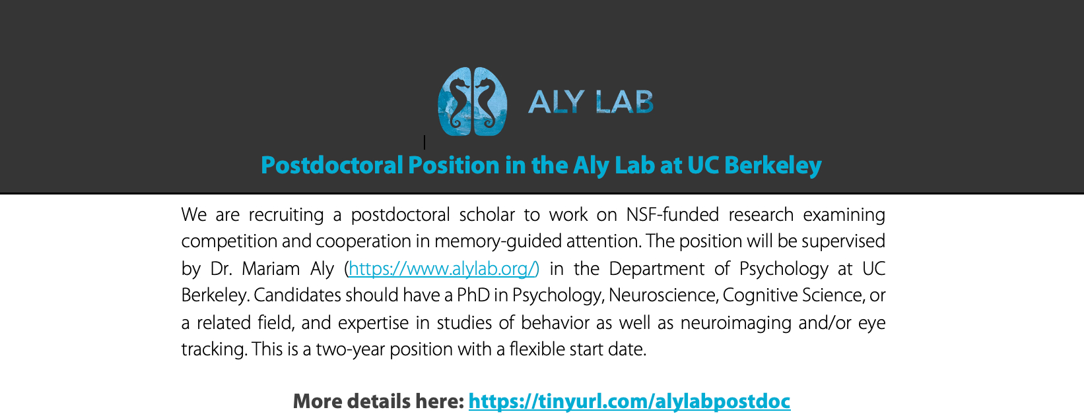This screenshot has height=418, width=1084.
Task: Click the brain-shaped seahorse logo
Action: click(472, 102)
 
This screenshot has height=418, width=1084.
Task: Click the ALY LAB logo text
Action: click(590, 102)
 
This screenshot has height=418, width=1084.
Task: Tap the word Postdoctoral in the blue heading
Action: click(332, 165)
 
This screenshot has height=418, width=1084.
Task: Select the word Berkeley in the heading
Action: click(773, 165)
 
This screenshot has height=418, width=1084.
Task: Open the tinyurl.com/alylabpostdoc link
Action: click(629, 402)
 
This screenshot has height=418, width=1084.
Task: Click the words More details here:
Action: click(378, 402)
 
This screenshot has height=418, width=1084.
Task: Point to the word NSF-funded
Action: click(673, 214)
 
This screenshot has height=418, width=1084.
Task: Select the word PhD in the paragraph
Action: click(473, 295)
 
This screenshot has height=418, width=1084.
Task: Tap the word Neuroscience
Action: click(663, 295)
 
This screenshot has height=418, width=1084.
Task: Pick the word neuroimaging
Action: click(735, 323)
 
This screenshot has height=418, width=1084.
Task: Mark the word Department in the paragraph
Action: click(657, 269)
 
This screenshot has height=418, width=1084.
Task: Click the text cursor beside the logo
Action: click(424, 142)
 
